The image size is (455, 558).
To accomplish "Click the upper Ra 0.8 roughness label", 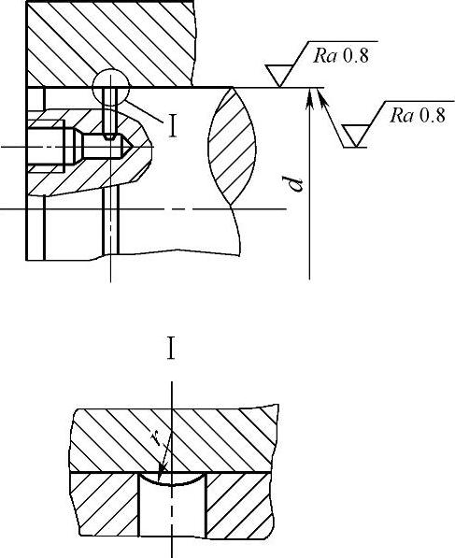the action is [x=341, y=56].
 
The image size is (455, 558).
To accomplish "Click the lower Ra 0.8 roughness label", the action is [x=417, y=116].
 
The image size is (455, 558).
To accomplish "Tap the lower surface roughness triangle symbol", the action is [x=355, y=136].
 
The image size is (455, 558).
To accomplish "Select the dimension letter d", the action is [x=296, y=183].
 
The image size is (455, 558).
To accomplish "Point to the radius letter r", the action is [x=155, y=438].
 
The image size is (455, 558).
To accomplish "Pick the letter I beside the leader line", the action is [x=173, y=126].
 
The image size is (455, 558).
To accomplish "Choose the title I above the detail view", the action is [x=171, y=349].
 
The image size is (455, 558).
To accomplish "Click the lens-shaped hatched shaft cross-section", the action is [x=232, y=146].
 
